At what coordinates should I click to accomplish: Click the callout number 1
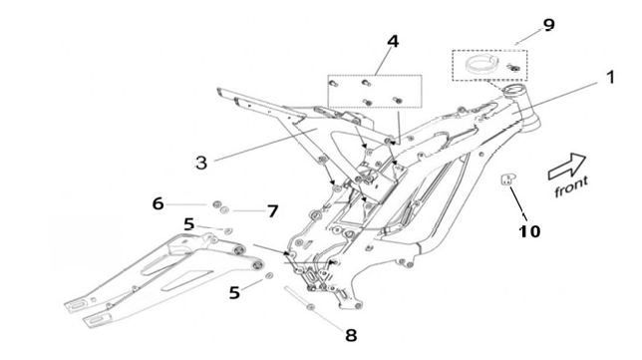tap(610, 77)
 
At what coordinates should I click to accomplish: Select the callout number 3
tap(201, 163)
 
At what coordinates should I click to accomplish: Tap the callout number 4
tap(392, 41)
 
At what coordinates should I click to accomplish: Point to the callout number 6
tap(159, 203)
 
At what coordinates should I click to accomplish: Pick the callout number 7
tap(273, 211)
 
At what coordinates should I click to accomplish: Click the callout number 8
tap(351, 335)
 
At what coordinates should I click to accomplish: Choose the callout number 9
tap(548, 25)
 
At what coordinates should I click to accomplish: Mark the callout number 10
tap(529, 231)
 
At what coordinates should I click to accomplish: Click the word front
tap(571, 186)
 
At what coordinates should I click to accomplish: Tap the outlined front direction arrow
tap(567, 166)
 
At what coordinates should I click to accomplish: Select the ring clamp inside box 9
tap(481, 64)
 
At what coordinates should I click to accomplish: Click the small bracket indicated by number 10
tap(507, 179)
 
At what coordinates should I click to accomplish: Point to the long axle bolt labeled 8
tap(299, 298)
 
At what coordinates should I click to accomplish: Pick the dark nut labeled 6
tap(216, 204)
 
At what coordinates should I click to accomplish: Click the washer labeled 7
tap(224, 210)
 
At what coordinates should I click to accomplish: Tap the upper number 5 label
tap(188, 224)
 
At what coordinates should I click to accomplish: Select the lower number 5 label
tap(234, 293)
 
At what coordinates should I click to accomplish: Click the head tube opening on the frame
tap(514, 89)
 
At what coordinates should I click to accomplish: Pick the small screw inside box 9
tap(513, 67)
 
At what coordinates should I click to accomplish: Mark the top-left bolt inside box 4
tap(333, 84)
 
